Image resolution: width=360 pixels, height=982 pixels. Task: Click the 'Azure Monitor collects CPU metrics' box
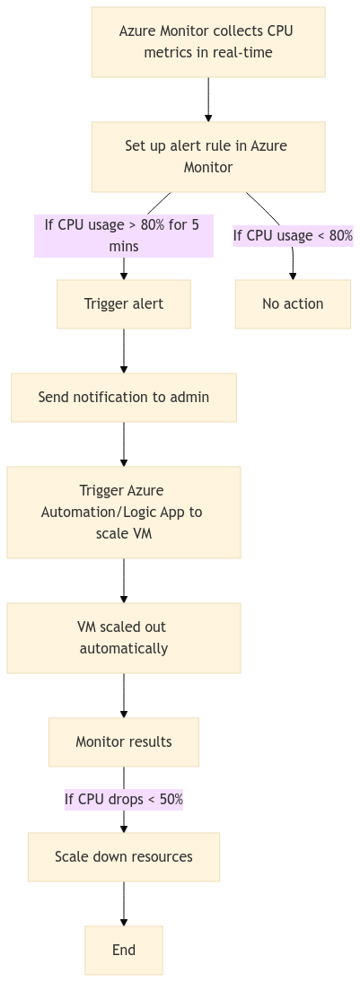click(x=207, y=42)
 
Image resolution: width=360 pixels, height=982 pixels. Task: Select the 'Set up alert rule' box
click(x=207, y=156)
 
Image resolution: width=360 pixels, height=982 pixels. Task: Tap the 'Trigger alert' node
click(x=124, y=303)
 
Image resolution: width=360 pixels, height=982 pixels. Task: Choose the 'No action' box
click(x=293, y=303)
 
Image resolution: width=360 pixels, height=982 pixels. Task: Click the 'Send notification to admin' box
click(x=124, y=397)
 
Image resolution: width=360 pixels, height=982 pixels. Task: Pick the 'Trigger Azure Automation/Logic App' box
click(x=124, y=512)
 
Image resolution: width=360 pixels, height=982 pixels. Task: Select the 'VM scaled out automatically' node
click(x=124, y=637)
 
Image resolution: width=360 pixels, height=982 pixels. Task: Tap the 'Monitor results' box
click(x=124, y=741)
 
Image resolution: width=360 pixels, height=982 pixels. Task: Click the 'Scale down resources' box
click(x=124, y=856)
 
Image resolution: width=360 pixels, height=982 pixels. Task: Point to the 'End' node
click(x=124, y=950)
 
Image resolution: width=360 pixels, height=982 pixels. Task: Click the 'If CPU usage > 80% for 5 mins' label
click(x=124, y=235)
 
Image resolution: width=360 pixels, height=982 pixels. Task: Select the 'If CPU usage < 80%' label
click(x=293, y=236)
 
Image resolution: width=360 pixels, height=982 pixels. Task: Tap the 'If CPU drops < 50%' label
click(x=124, y=799)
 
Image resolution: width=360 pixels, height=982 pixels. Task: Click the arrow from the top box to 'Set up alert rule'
click(x=208, y=99)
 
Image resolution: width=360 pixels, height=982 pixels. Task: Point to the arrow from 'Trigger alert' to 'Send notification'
click(x=124, y=350)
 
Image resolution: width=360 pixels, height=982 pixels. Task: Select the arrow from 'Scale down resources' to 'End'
click(x=124, y=903)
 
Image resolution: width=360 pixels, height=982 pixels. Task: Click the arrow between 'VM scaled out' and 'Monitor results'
click(x=124, y=695)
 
